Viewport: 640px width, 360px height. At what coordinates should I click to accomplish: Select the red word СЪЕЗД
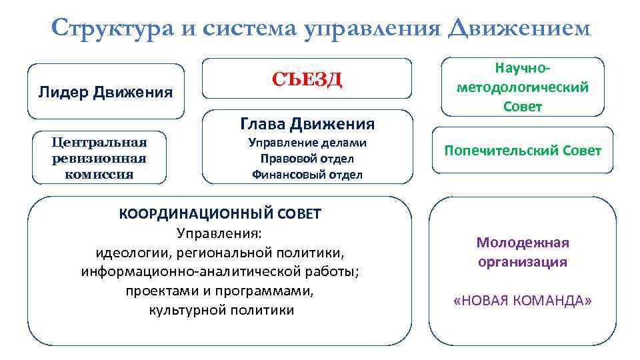click(307, 80)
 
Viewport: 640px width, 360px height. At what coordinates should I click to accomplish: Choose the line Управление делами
click(307, 143)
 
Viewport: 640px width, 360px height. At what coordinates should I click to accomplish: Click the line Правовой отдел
click(307, 159)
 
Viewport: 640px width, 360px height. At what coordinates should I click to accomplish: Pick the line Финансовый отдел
click(307, 175)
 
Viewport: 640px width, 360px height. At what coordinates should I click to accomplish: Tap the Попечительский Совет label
click(523, 151)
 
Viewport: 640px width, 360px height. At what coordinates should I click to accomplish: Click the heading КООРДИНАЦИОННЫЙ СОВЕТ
click(220, 214)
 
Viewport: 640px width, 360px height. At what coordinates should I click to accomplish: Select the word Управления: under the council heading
click(220, 233)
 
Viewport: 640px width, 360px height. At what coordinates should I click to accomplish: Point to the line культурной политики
click(221, 310)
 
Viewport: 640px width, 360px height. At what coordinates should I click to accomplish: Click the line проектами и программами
click(220, 291)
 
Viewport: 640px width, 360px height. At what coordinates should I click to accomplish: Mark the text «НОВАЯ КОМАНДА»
click(522, 301)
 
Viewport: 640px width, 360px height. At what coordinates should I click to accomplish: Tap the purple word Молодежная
click(522, 243)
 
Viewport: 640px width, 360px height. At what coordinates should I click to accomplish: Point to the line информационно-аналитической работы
click(220, 272)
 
